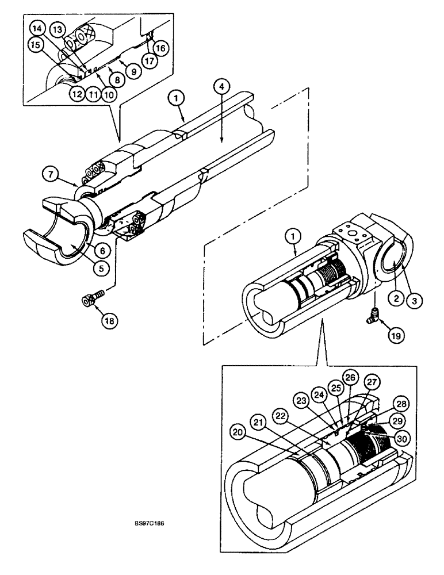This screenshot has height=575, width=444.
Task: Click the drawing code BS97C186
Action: (149, 524)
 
